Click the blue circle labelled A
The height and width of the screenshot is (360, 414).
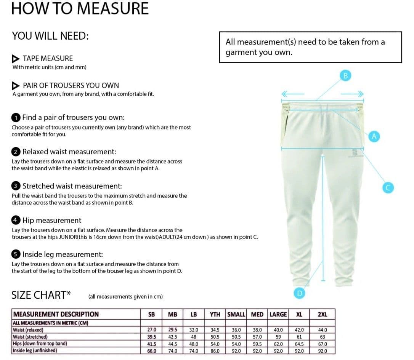point(374,136)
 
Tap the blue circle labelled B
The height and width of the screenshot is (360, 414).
point(346,75)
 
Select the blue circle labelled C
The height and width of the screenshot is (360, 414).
point(387,187)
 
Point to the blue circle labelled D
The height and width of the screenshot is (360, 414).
point(300,293)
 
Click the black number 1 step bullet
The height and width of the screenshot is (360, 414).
point(16,118)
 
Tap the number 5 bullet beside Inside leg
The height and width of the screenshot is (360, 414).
point(16,254)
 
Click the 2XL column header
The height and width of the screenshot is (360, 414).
point(322,314)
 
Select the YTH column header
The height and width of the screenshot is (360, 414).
point(215,314)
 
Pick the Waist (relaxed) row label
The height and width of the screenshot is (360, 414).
point(28,330)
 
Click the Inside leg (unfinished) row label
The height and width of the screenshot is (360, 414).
point(35,350)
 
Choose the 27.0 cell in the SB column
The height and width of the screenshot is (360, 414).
point(151,330)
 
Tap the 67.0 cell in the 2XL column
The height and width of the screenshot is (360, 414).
point(322,344)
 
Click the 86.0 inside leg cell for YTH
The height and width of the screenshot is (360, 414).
point(215,350)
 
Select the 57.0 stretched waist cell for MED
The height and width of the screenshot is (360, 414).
point(257,337)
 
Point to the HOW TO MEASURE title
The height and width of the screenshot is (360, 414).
point(80,8)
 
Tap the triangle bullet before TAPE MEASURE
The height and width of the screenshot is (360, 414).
point(16,59)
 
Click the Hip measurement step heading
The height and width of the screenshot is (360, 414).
point(51,220)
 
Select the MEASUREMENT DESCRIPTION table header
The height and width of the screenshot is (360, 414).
point(56,314)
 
